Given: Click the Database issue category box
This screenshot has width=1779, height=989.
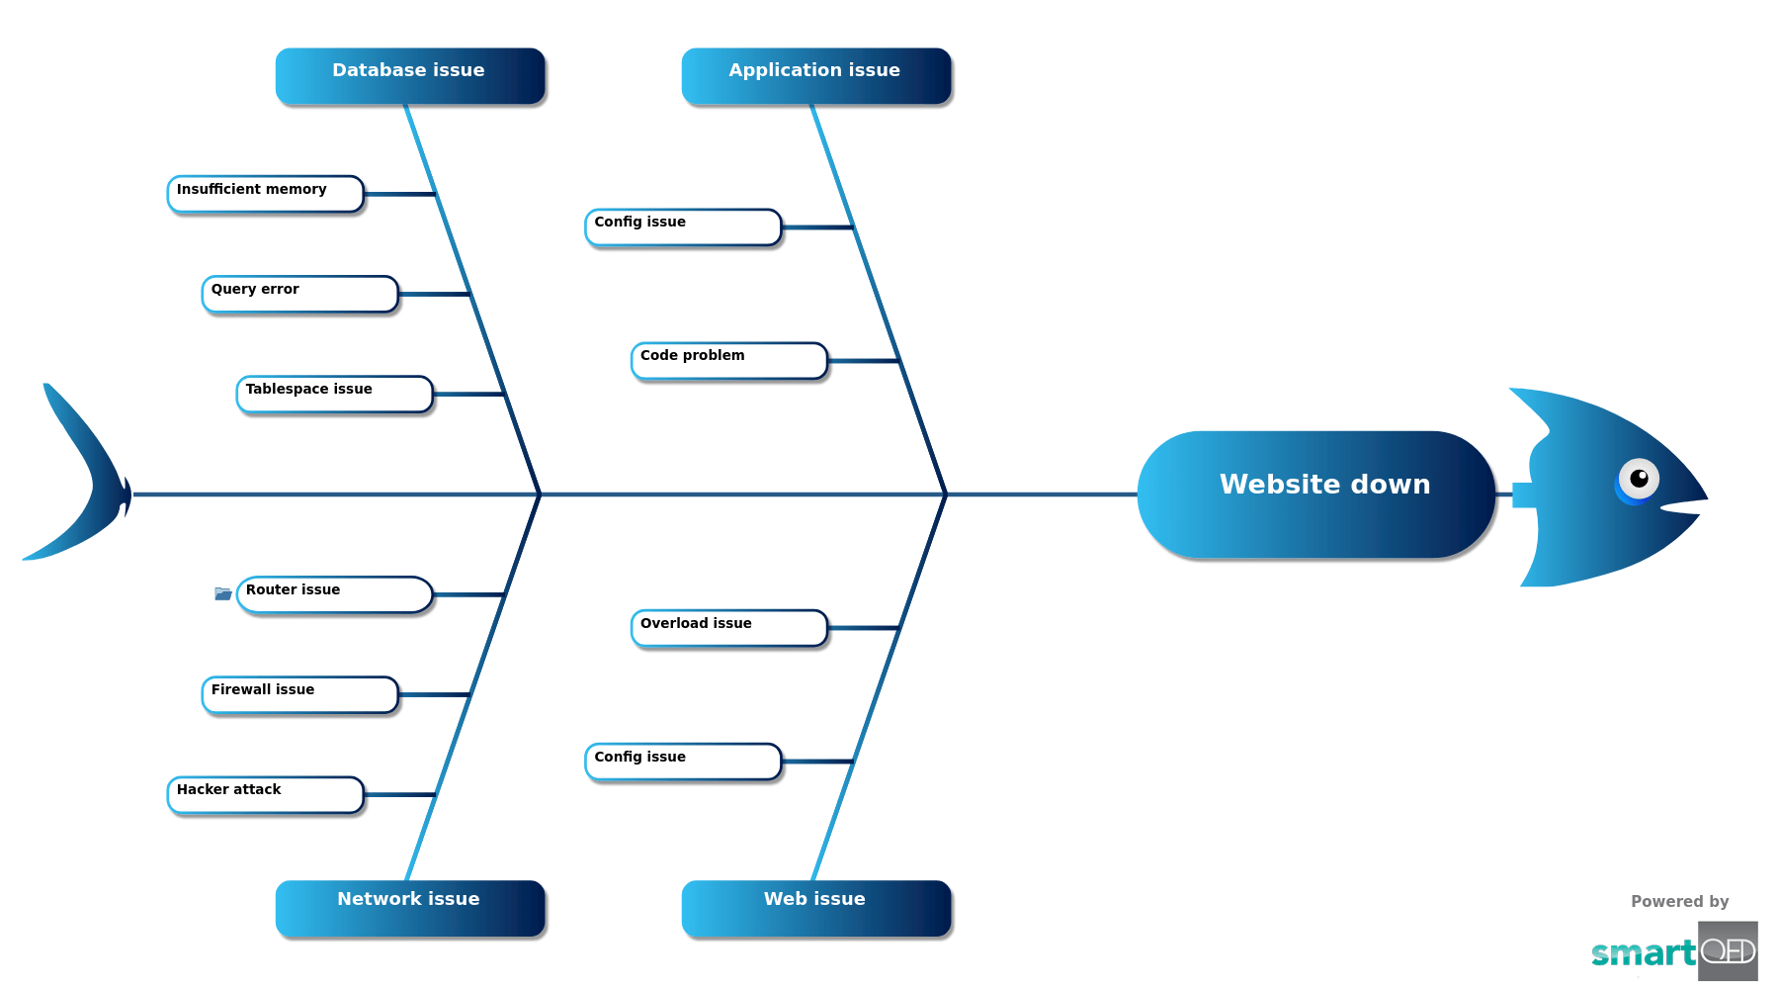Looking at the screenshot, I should [410, 75].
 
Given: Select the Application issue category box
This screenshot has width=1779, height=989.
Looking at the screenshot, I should [816, 75].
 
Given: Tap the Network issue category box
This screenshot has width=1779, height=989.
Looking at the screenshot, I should [410, 907].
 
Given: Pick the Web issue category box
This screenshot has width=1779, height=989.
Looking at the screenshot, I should [816, 907].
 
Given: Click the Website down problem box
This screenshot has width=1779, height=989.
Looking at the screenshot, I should [1315, 494].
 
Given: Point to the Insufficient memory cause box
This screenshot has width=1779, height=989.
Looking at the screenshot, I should [266, 194].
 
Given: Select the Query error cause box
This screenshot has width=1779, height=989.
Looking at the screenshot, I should [299, 294].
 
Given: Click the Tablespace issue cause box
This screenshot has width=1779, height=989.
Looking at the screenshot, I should [334, 394].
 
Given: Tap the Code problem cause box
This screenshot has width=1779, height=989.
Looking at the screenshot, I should [729, 360].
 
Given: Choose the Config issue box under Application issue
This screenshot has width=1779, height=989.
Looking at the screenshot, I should [683, 226].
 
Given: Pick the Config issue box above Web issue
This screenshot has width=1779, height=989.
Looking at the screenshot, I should [683, 762].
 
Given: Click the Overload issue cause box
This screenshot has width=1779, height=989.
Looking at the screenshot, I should [729, 628].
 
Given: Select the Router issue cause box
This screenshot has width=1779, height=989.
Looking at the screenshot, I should [334, 594].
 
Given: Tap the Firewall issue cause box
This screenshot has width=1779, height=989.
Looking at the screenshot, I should [299, 694].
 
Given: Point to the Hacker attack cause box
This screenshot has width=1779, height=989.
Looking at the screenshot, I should [266, 794].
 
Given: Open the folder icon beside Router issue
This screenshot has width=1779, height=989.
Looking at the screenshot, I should [223, 593].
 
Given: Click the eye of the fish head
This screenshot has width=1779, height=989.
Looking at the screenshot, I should [1638, 480].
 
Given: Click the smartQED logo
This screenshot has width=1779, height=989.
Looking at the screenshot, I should [1674, 951].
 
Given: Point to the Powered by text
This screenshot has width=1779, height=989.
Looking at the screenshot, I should [1679, 901].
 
